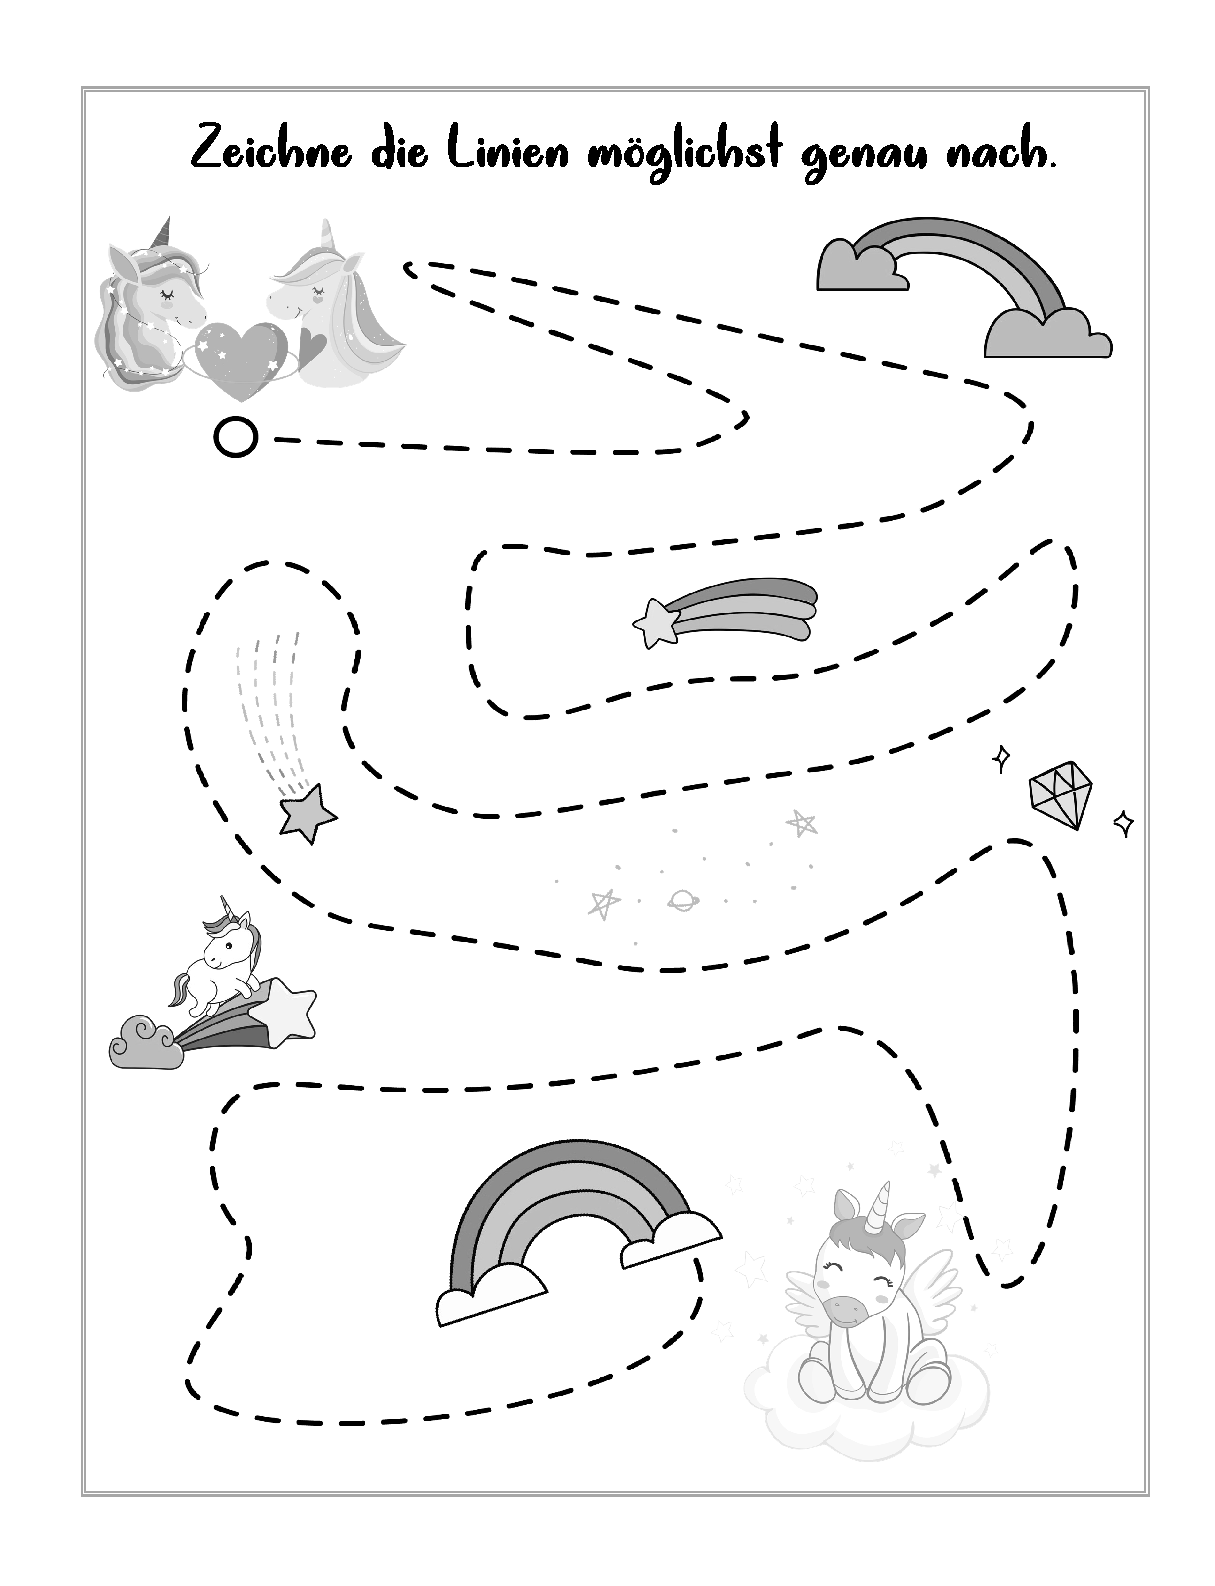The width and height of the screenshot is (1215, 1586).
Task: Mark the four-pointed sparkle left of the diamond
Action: pyautogui.click(x=1002, y=758)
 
